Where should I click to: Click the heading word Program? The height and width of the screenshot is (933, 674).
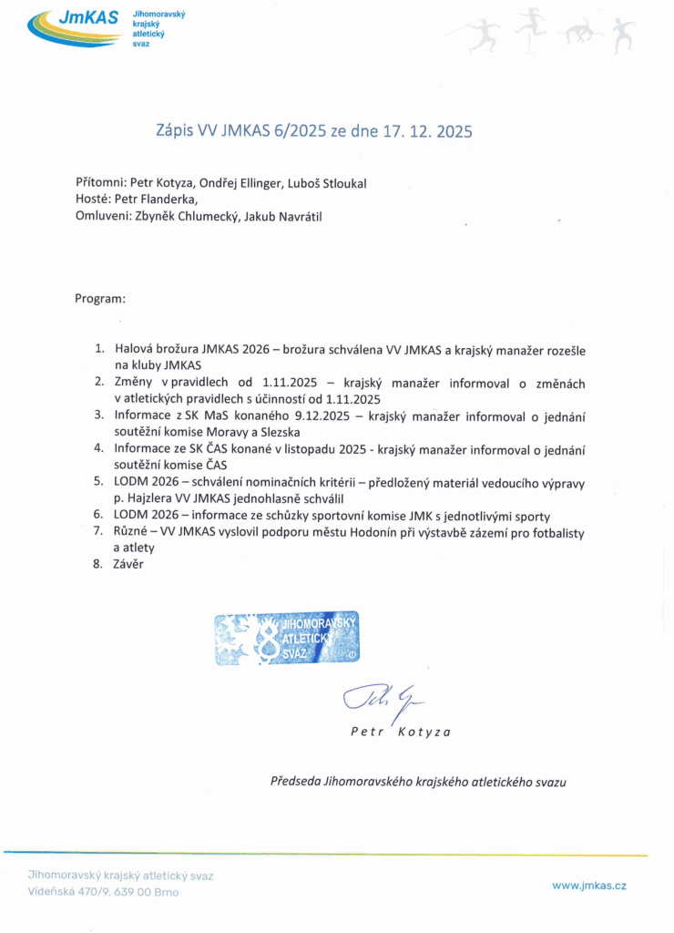(100, 298)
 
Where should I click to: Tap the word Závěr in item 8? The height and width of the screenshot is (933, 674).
(128, 564)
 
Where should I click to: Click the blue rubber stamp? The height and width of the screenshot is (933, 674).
(287, 638)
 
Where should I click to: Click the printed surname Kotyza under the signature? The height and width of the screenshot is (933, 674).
(424, 732)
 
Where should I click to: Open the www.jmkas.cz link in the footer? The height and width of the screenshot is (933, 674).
(589, 885)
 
